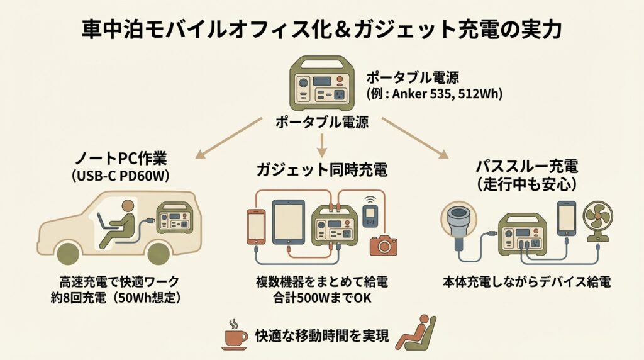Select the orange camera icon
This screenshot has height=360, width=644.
tap(384, 244)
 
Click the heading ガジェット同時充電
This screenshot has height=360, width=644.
tap(321, 169)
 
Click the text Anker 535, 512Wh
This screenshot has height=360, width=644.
tap(450, 95)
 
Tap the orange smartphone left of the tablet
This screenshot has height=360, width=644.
tap(256, 225)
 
